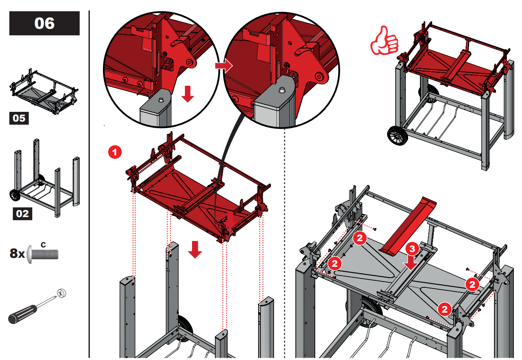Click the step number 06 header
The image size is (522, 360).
[x=44, y=23]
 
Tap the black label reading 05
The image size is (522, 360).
[x=19, y=118]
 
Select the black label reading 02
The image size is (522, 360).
[x=23, y=214]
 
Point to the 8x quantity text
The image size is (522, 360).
[x=17, y=253]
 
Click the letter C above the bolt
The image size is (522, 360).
[x=43, y=245]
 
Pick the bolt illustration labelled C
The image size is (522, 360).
[x=43, y=254]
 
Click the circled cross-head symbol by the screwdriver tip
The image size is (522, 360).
[x=61, y=294]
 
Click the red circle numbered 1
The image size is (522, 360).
[x=115, y=152]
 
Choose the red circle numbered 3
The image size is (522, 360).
[x=412, y=249]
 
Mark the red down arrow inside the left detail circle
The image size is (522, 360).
[x=188, y=94]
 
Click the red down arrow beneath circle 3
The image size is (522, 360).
[x=411, y=263]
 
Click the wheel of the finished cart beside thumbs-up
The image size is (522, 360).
[x=398, y=136]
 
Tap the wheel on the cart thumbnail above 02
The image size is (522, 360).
[x=15, y=195]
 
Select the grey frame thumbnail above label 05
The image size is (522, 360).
[x=44, y=92]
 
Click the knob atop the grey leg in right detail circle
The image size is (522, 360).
[x=282, y=90]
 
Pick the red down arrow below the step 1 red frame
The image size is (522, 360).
[x=195, y=249]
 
